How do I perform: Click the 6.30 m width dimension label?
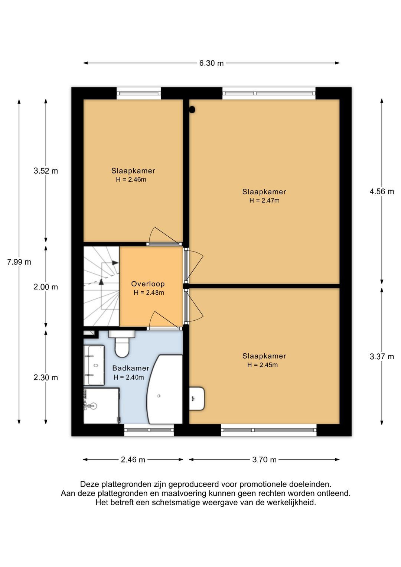click(x=211, y=63)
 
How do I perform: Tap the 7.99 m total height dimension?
click(x=19, y=262)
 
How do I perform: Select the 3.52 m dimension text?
click(x=46, y=171)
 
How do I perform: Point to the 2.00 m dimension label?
click(x=46, y=287)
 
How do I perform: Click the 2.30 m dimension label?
click(x=46, y=378)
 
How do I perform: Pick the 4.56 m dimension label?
click(x=382, y=192)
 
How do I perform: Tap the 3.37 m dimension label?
click(x=382, y=357)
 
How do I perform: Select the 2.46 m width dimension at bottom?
click(x=133, y=459)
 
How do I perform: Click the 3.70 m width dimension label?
click(x=264, y=459)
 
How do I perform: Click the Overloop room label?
click(x=148, y=284)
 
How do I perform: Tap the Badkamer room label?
click(x=131, y=368)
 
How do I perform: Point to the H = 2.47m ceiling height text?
click(x=264, y=201)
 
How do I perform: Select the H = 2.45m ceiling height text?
click(x=263, y=365)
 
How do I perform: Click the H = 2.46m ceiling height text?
click(x=131, y=179)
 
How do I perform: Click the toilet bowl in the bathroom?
click(x=122, y=347)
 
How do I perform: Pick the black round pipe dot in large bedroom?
click(x=193, y=109)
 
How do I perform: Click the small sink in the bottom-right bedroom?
click(x=196, y=399)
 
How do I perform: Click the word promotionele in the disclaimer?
click(x=262, y=485)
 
